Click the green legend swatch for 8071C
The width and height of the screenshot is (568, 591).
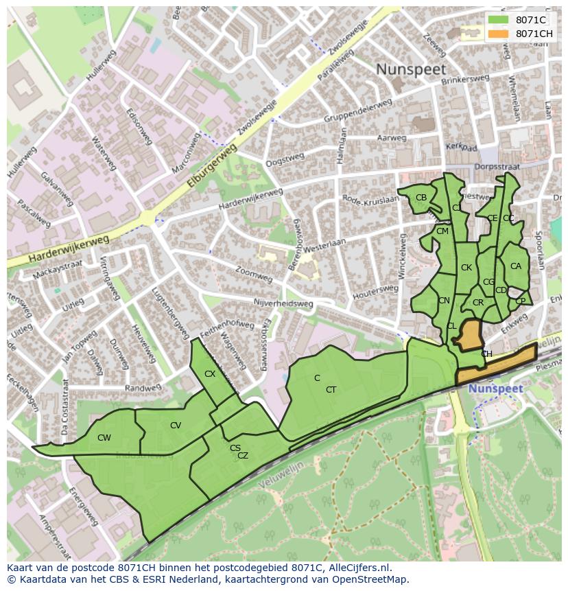point(499,21)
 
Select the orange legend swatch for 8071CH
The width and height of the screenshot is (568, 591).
point(499,34)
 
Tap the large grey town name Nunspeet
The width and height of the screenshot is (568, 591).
point(411,69)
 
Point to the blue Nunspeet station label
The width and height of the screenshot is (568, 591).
point(496,389)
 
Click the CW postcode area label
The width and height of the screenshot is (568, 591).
point(104,438)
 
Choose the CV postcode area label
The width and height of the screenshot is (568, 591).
point(176,426)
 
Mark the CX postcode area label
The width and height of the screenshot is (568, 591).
point(210,374)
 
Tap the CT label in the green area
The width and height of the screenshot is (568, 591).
point(331,390)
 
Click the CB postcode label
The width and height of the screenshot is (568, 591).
point(421,198)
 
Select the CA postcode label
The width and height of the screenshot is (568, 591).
point(516,266)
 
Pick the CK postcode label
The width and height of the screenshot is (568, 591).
point(466,268)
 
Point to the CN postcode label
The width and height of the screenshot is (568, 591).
point(445,301)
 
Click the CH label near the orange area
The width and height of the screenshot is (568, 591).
point(486,354)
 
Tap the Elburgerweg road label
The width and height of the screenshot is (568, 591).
point(212,166)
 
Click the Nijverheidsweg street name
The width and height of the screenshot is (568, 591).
point(283,303)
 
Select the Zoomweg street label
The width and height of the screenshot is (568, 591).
point(253,275)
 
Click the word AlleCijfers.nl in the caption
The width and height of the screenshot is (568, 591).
point(358,568)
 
